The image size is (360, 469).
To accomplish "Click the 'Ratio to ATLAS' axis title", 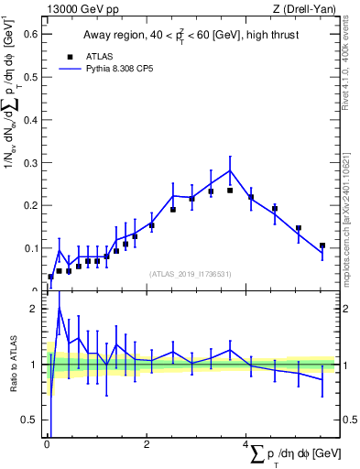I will pos(13,365).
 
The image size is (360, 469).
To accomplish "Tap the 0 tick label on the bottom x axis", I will pos(47,444).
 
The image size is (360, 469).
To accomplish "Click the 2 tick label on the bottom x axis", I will pos(147,444).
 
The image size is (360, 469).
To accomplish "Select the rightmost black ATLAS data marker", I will pos(322,245).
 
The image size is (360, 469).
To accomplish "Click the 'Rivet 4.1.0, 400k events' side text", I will pos(351,55).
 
